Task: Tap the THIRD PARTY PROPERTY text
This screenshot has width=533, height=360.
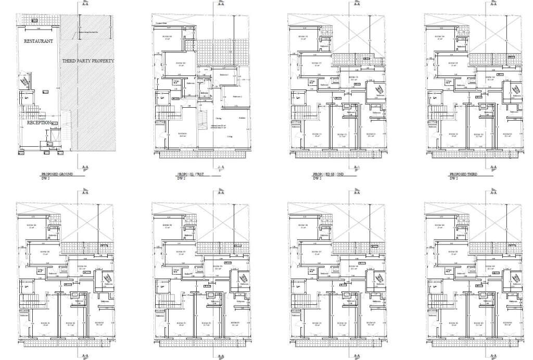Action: [88, 61]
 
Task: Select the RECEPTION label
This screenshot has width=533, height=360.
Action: [39, 123]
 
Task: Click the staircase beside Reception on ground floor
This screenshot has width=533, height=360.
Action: [30, 113]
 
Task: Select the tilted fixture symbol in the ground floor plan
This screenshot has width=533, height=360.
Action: [24, 82]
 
